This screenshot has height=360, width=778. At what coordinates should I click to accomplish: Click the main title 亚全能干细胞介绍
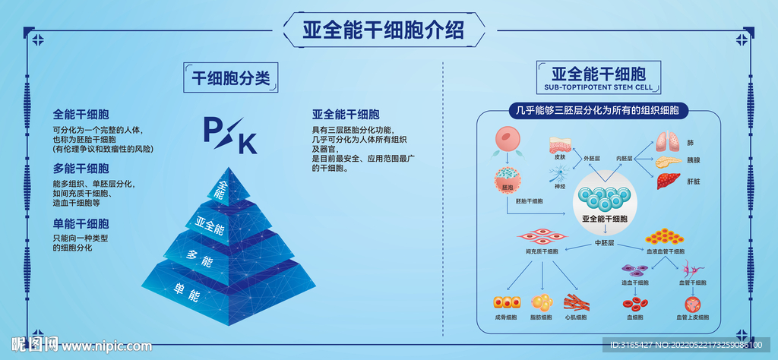click(383, 29)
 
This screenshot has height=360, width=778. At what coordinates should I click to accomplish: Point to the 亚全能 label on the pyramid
click(209, 226)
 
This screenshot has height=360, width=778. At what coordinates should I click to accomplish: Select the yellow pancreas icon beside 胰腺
click(669, 162)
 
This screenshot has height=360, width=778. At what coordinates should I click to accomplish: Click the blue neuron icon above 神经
click(559, 174)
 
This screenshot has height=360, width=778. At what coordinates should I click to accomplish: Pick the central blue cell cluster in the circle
click(604, 197)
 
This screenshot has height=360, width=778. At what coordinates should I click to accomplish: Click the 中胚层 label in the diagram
click(604, 243)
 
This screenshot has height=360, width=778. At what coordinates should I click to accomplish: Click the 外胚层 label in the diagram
click(592, 158)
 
